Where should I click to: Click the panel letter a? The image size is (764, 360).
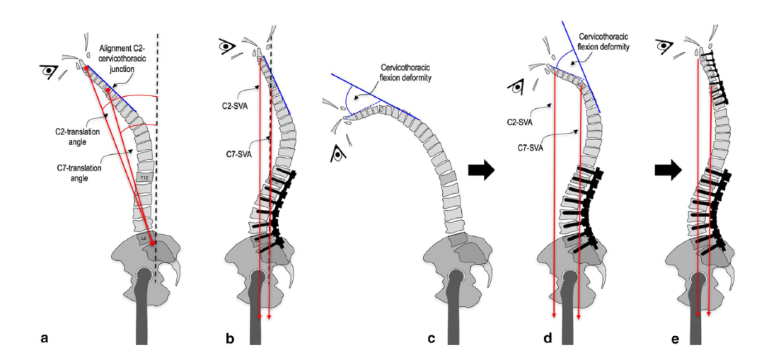click(x=45, y=339)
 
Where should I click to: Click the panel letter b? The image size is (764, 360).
click(x=229, y=339)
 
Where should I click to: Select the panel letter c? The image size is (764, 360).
click(x=431, y=339)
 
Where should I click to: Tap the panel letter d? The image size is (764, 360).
click(x=548, y=339)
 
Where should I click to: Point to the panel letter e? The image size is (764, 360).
click(x=675, y=339)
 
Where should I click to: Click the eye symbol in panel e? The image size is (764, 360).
click(x=664, y=47)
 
